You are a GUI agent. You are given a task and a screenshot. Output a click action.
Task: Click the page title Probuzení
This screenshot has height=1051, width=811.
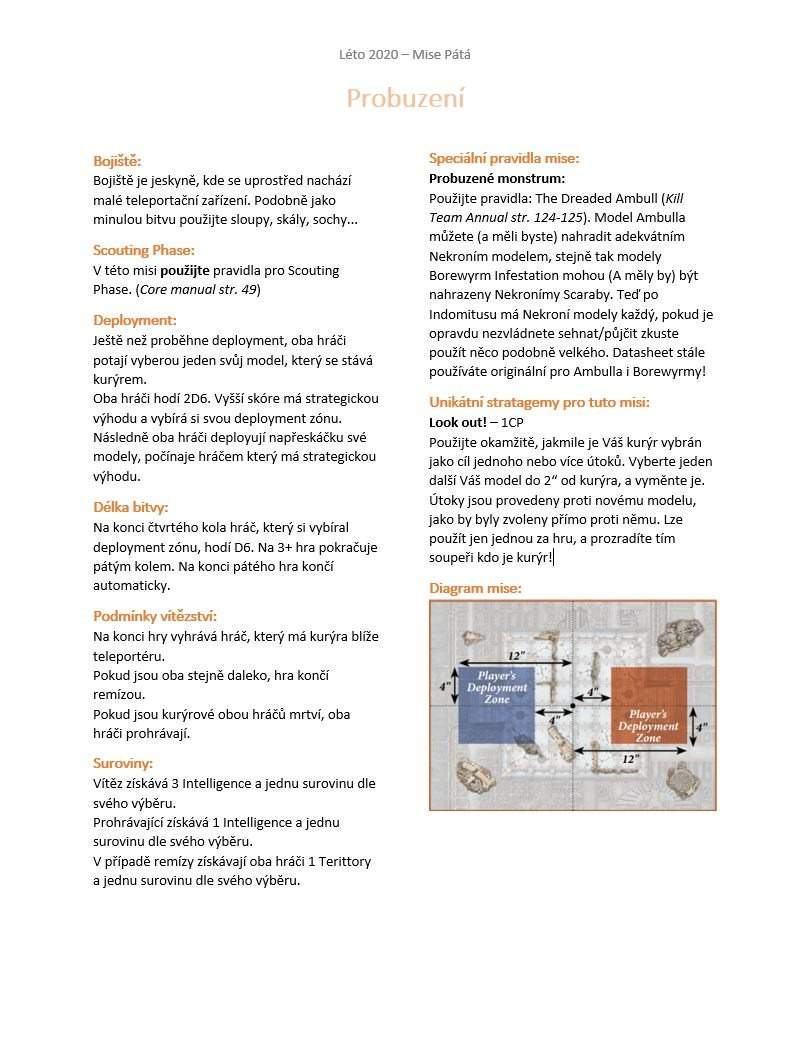coord(405,99)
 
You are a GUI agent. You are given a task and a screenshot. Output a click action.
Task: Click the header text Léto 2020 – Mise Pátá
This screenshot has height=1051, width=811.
coord(404,54)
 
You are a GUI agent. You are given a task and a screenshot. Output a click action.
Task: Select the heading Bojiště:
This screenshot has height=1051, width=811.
coord(117,161)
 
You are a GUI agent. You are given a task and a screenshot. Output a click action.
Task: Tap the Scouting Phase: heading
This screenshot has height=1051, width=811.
coord(143,250)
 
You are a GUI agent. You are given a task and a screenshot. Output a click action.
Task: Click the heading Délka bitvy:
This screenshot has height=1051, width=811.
coord(130,507)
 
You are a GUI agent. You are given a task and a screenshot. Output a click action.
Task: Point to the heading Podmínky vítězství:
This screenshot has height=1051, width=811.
coord(154,616)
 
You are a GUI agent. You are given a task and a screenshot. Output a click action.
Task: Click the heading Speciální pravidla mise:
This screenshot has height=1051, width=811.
coord(504,158)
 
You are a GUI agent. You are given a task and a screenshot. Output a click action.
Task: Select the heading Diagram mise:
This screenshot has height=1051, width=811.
coord(475,588)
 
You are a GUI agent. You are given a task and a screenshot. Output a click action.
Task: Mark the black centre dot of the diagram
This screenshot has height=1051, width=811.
coord(572,706)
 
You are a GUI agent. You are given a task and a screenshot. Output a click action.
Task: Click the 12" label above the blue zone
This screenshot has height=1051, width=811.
coord(516,655)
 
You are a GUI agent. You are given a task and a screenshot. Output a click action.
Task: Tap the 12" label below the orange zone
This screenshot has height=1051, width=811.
coord(630,760)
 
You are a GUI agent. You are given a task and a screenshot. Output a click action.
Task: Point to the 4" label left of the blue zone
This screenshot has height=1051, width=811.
coord(442,686)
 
